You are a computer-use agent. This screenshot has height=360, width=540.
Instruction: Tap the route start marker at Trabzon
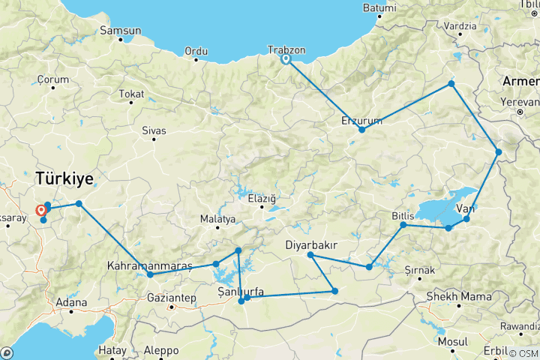286,60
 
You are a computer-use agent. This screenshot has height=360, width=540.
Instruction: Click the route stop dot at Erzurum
362,130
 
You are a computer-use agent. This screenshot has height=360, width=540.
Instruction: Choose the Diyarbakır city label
315,245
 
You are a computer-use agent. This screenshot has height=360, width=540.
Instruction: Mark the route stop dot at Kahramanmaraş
151,274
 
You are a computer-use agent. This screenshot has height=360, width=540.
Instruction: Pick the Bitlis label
403,216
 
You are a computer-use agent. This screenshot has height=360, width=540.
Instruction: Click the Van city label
466,208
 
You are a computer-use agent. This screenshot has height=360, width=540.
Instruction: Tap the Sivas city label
154,130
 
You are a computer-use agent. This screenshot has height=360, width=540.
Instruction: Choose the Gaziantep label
172,298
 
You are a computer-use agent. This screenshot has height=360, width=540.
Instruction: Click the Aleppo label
162,350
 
